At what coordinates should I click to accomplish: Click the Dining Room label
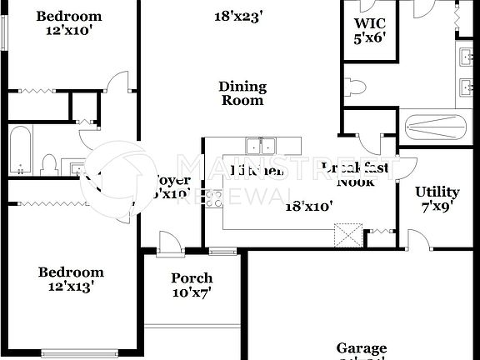(242, 93)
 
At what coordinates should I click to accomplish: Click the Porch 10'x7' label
(192, 285)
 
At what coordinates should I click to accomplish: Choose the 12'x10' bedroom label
(69, 23)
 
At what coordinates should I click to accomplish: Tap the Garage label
(361, 349)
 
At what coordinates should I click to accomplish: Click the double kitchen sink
(260, 146)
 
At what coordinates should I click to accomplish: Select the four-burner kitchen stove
(213, 198)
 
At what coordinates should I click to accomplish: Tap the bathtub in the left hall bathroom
(20, 151)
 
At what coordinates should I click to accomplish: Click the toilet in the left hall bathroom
(49, 164)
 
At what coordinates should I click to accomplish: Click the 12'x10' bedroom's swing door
(119, 83)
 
